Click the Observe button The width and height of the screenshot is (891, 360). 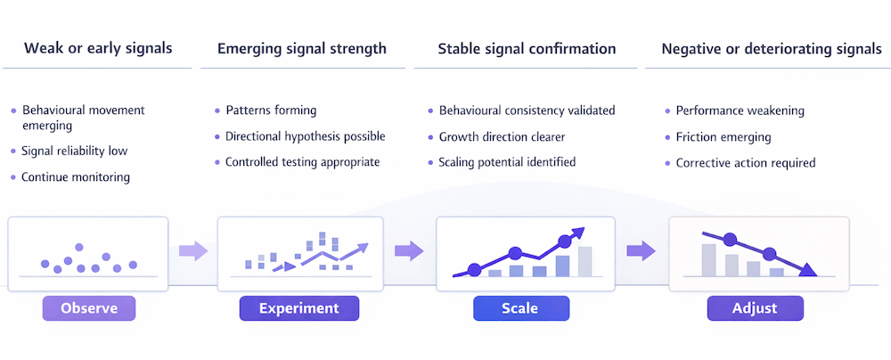[x=88, y=308]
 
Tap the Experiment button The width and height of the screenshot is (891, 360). [x=298, y=308]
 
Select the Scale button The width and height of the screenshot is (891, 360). [x=519, y=308]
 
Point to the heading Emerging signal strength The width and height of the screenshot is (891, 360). [x=301, y=48]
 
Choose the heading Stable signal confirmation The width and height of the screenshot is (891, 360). [x=527, y=48]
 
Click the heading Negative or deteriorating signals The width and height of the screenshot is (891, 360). [x=771, y=48]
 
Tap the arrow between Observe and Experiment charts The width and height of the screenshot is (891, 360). [x=192, y=250]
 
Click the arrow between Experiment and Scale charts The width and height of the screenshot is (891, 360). [x=409, y=250]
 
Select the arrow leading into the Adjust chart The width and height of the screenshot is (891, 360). [x=641, y=250]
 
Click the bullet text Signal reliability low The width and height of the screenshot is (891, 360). [x=75, y=151]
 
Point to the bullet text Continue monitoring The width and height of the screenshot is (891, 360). [x=76, y=176]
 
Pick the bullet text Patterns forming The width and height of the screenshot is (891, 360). [x=271, y=110]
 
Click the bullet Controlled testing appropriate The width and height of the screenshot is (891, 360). [x=302, y=162]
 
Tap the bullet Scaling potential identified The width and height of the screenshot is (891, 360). [x=507, y=162]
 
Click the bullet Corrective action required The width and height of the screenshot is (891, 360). [x=746, y=162]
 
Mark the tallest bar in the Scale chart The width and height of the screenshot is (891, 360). [x=584, y=260]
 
